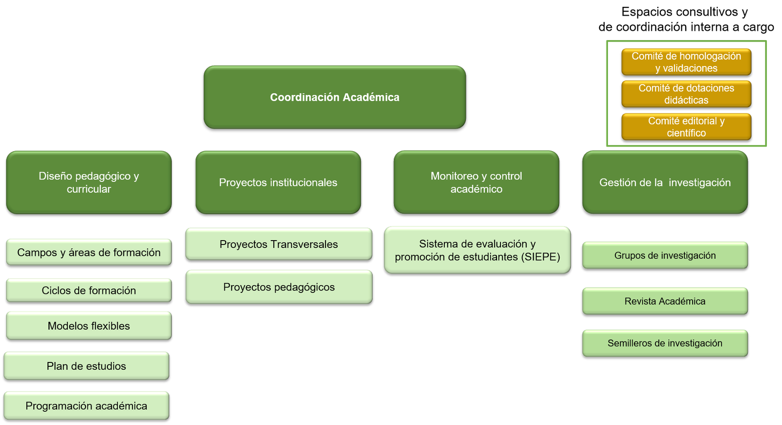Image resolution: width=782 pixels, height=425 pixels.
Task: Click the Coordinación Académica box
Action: pos(334,97)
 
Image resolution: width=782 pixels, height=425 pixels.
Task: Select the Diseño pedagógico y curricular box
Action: pos(88,182)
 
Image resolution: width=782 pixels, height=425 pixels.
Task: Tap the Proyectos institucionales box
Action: pos(278,182)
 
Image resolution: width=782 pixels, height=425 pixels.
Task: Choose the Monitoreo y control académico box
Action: pos(476,182)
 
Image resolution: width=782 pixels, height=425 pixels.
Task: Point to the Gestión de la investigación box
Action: pos(665,182)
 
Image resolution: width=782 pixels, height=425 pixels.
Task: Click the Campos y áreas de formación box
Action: pos(88,252)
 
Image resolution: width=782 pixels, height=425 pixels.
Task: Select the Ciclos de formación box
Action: pos(88,290)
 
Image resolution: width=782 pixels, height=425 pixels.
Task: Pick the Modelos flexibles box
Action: pos(88,326)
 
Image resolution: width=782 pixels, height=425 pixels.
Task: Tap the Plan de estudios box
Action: pos(86,366)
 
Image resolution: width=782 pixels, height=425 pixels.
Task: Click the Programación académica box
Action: pos(86,405)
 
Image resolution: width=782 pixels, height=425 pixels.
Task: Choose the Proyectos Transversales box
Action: pos(279,244)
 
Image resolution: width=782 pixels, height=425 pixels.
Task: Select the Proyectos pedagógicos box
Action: pos(279,287)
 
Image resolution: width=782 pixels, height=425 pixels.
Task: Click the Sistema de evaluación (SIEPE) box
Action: pos(477,250)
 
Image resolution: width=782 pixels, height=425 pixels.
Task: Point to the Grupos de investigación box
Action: pos(665,255)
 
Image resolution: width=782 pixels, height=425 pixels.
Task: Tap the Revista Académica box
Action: pos(665,301)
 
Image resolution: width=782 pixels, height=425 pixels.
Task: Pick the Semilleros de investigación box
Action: pos(665,343)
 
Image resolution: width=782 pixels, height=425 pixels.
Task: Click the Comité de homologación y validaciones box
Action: pos(686,62)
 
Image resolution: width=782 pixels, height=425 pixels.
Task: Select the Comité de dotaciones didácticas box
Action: pos(686,94)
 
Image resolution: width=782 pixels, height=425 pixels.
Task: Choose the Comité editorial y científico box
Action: pos(686,127)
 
